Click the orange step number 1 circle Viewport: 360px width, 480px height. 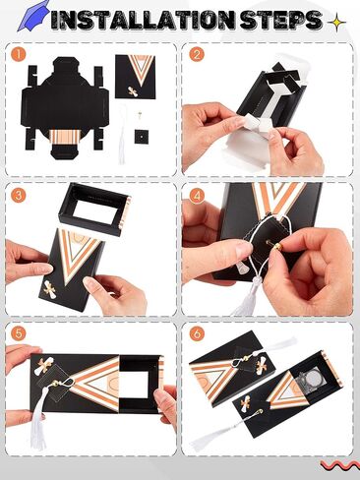click(18, 54)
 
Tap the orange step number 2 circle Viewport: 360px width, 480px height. click(197, 54)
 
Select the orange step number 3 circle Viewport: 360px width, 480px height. click(19, 196)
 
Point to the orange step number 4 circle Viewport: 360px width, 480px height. click(197, 196)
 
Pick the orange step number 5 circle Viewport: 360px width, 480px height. click(19, 334)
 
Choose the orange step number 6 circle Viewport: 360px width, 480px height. click(197, 334)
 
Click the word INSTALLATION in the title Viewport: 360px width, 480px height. click(143, 21)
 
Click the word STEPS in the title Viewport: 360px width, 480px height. click(280, 21)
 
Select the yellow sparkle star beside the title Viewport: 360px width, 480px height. click(336, 23)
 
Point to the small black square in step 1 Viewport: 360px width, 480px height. click(141, 136)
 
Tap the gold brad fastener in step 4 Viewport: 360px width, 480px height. click(277, 246)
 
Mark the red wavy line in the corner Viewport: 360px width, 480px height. click(340, 464)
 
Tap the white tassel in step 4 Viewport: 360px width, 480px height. click(249, 298)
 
